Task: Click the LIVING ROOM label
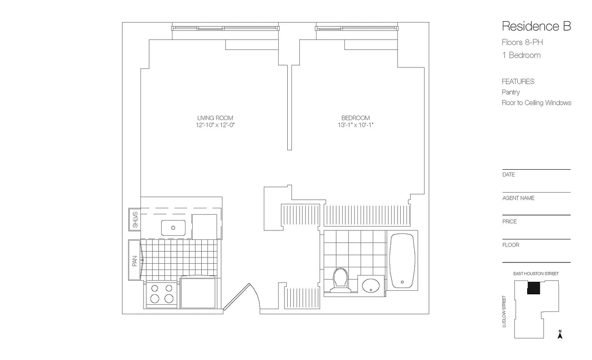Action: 215,118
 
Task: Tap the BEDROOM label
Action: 355,118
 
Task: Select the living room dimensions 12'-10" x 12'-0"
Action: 215,125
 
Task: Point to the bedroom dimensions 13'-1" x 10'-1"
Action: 355,125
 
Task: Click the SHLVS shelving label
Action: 135,220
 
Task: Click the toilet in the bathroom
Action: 340,279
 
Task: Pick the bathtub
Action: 402,261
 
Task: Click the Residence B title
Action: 536,26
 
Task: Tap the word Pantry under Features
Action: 511,92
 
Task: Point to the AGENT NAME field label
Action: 518,198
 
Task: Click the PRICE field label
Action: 510,221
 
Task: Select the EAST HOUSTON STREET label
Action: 536,274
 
